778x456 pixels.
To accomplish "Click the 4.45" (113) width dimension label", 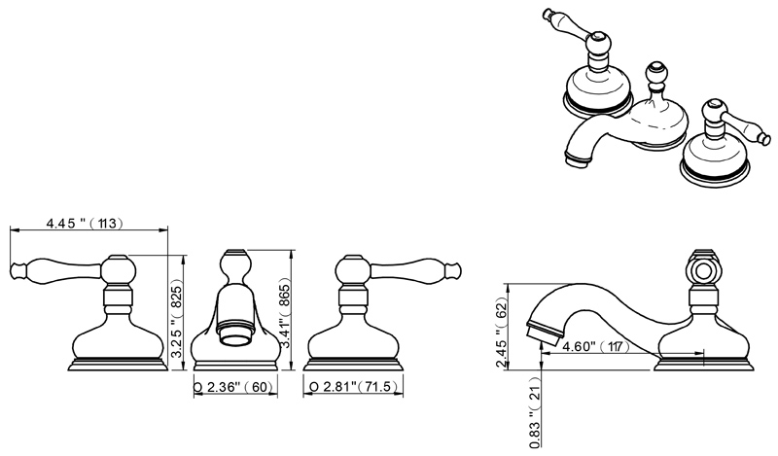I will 83,223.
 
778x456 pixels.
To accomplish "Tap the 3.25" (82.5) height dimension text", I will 177,309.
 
